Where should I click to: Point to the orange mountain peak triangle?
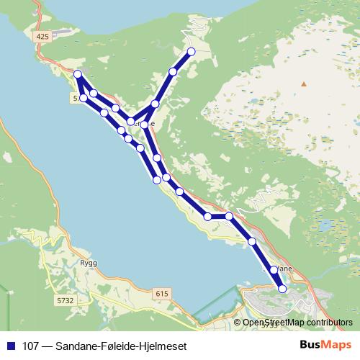coord(304,84)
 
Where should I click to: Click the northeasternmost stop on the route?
coord(192,51)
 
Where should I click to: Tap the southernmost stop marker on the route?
coord(282,289)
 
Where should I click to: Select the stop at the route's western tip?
coord(77,74)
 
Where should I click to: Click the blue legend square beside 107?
coord(10,346)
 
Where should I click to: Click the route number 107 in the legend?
coord(32,346)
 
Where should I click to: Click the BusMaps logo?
coord(325,345)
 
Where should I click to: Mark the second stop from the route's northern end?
coord(173,71)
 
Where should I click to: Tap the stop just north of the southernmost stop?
coord(274,269)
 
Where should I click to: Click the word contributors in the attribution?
coord(328,323)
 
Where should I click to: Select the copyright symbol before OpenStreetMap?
coord(238,323)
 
